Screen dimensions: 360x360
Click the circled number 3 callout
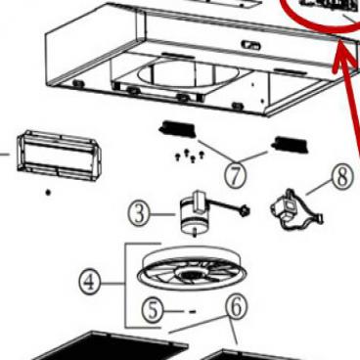[141, 211]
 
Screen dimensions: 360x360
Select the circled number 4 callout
[90, 283]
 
